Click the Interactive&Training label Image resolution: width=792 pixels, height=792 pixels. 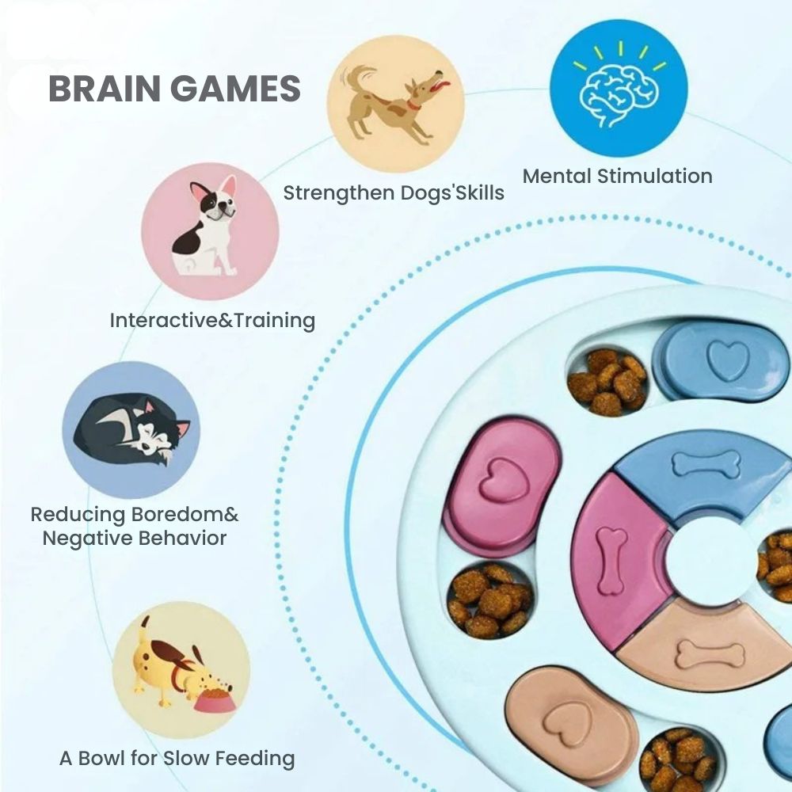[212, 321]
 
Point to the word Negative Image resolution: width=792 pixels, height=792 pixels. [89, 539]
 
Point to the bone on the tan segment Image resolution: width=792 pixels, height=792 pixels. [710, 654]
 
